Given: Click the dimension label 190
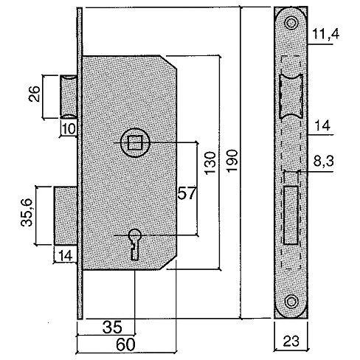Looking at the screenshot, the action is point(232,160).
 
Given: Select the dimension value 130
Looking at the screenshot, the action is point(210,163).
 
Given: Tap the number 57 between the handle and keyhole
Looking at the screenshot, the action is point(187,193).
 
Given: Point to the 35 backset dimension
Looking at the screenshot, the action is point(112,327).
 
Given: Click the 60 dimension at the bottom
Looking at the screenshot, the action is point(125,345).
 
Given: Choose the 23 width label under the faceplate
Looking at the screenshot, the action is point(291,341).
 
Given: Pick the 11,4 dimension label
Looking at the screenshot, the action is point(326,34).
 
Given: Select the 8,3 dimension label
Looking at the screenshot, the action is point(323,162).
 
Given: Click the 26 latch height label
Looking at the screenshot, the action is point(34,94).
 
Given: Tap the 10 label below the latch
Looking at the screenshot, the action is point(69,129).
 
